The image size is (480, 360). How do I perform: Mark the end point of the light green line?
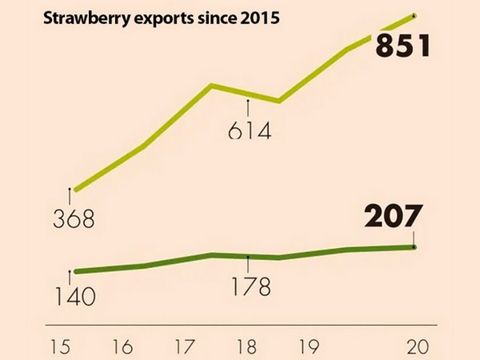click(414, 14)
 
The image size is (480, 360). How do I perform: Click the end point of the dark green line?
click(414, 246)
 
